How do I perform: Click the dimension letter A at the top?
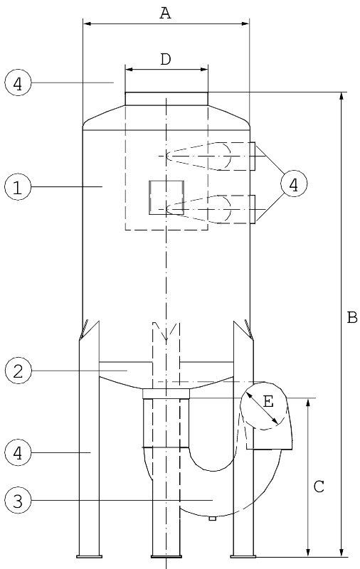pos(165,13)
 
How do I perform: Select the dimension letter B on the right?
pos(352,317)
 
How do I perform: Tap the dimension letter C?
pos(319,486)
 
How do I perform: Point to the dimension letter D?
pos(166,59)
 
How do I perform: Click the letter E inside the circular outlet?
pos(268,402)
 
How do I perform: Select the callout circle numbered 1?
pos(18,187)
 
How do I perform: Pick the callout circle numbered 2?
pos(18,371)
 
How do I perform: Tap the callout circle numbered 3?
pos(18,501)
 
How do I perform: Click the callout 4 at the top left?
pos(18,83)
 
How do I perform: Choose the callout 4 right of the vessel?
pos(294,184)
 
